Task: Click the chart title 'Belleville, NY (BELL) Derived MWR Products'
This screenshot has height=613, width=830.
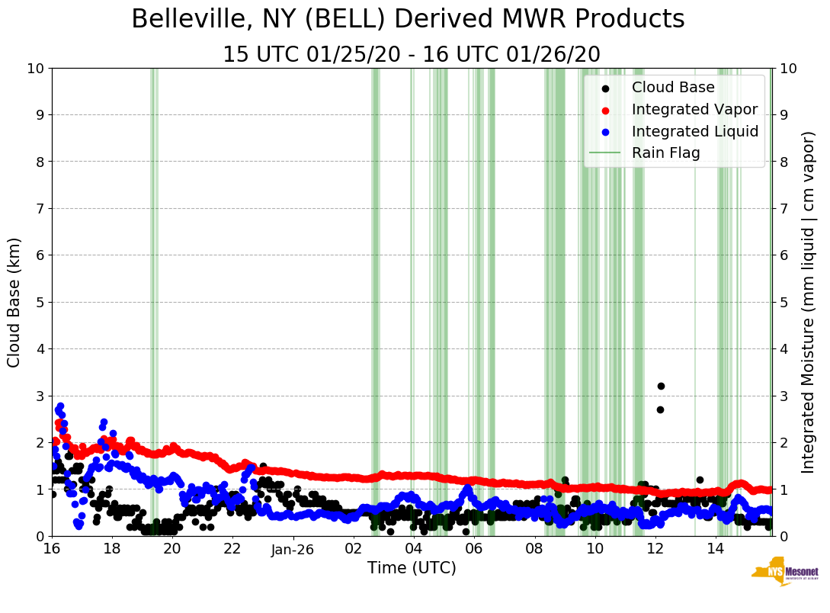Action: (408, 20)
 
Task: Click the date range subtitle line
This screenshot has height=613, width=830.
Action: (412, 55)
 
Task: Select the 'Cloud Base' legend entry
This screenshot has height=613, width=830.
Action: (673, 87)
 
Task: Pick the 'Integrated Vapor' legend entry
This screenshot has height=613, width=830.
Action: (694, 109)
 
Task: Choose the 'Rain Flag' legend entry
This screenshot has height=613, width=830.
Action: (665, 153)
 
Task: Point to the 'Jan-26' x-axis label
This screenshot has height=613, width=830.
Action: (293, 548)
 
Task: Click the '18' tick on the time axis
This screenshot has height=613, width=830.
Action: (111, 548)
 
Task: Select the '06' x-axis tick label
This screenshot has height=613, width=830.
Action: (473, 548)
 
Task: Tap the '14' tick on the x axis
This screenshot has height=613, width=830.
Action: (715, 548)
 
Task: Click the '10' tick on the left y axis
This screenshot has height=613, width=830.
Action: (35, 69)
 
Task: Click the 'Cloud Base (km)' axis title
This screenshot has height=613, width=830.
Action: (15, 302)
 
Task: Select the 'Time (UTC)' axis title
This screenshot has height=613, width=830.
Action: (412, 568)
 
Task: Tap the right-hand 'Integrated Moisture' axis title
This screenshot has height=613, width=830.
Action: (809, 302)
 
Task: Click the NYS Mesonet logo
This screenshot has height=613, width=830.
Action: (784, 574)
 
